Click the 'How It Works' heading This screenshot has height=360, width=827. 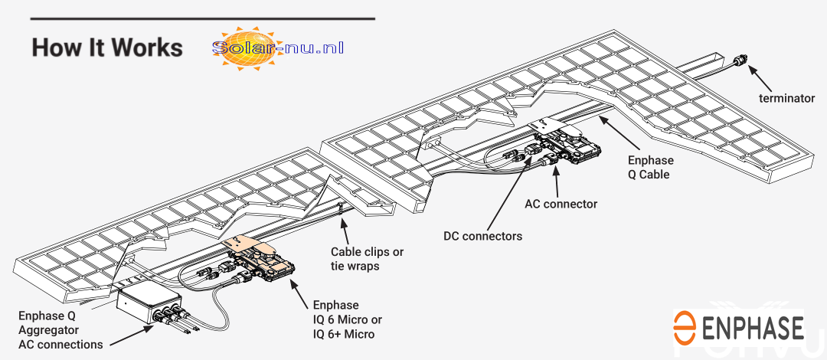point(107,47)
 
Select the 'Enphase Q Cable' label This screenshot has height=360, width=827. point(650,167)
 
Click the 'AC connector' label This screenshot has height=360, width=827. point(561,205)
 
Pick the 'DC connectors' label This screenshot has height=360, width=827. point(482,236)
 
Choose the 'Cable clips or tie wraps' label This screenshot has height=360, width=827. point(367,257)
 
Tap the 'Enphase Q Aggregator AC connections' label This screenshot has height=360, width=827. point(60,330)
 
